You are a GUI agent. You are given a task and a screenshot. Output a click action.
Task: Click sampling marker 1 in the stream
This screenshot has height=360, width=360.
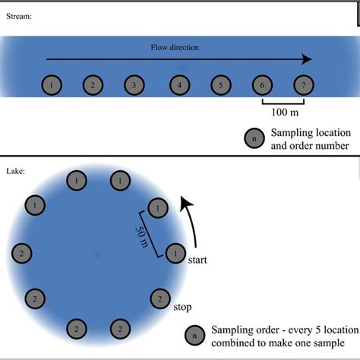(x=51, y=85)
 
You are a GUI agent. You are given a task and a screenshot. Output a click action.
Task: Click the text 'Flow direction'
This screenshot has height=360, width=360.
(x=175, y=47)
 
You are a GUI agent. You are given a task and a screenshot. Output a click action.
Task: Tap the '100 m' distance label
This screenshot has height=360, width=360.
(x=283, y=112)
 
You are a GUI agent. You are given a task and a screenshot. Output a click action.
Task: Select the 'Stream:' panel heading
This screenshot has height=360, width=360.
(x=18, y=15)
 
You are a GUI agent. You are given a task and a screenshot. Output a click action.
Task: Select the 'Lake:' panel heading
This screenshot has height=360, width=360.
(x=16, y=171)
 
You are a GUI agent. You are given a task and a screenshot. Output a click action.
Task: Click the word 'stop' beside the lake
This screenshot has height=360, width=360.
(x=182, y=308)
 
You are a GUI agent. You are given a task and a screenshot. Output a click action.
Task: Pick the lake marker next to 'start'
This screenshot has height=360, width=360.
(x=175, y=252)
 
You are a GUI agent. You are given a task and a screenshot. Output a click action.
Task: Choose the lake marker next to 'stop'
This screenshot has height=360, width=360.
(x=159, y=298)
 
